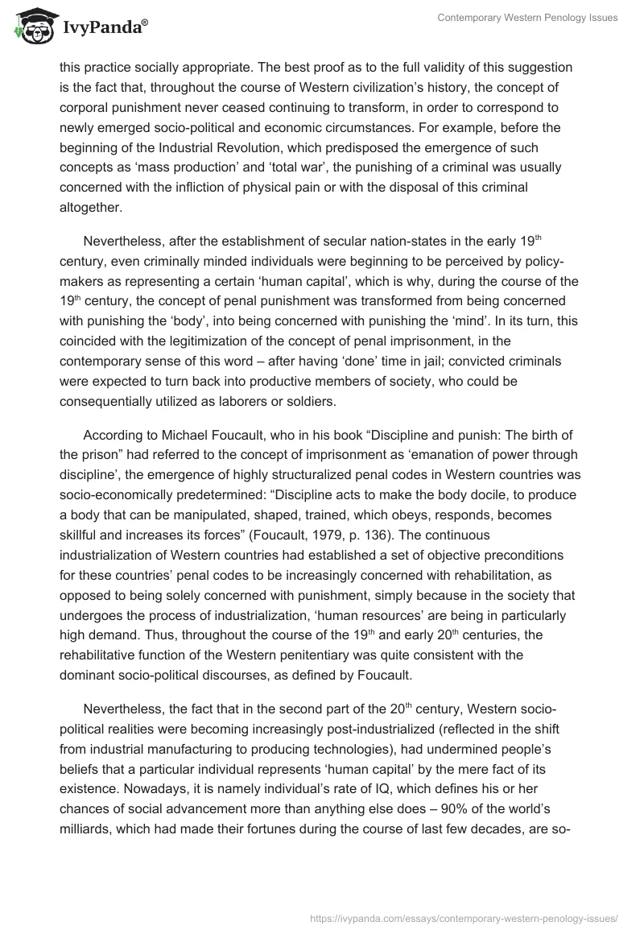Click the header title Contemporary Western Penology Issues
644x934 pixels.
[x=527, y=18]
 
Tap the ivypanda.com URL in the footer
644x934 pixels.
[x=464, y=917]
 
